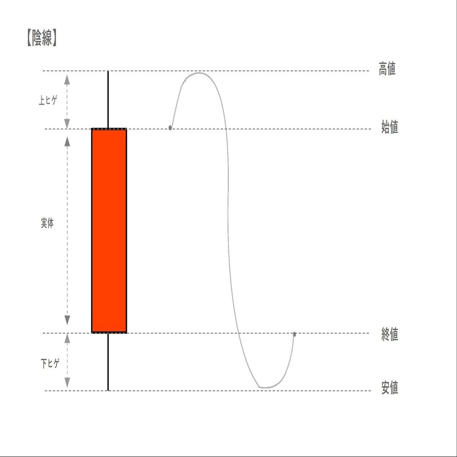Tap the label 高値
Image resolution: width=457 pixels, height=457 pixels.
coord(387,69)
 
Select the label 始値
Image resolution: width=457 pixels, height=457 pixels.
coord(389,127)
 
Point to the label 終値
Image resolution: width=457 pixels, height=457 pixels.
coord(389,335)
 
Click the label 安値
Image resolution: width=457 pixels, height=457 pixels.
coord(389,388)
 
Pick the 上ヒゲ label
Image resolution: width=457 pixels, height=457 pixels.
coord(47,100)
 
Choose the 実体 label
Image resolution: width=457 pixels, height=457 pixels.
coord(47,224)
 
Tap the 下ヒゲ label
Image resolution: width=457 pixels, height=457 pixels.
coord(50,363)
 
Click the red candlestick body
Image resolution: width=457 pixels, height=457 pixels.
coord(109,231)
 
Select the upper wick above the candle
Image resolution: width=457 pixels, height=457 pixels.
coord(108,99)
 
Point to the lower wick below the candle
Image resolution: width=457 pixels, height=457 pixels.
coord(108,362)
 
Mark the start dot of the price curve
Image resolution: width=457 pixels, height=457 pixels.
coord(170,127)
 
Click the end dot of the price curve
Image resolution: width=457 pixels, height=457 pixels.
coord(295,334)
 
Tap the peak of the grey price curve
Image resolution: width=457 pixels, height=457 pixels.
coord(199,73)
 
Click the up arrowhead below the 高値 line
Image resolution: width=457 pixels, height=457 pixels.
coord(67,78)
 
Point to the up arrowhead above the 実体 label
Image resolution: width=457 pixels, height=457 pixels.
coord(67,141)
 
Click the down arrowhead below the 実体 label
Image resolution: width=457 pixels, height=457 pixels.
coord(67,320)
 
